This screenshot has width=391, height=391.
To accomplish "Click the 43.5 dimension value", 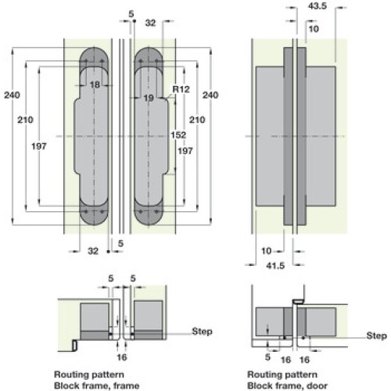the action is tap(317, 5).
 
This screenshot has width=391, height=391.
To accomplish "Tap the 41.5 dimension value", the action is tap(275, 266).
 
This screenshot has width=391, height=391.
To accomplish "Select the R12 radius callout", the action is tap(181, 89).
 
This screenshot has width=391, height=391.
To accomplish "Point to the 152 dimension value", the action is tap(178, 135).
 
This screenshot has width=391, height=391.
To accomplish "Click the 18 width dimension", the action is tap(95, 84).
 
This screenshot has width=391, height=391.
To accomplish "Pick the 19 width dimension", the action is tap(149, 99).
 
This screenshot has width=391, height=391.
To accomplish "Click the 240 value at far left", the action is tap(12, 95).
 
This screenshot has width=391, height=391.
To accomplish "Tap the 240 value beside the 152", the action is tap(210, 95).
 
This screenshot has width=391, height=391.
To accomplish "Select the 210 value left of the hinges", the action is tap(25, 120).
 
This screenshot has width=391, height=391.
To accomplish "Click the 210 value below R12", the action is tap(197, 120).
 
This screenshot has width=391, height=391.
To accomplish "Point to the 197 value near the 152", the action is tap(185, 151).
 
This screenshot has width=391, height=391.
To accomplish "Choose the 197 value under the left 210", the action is tap(39, 146).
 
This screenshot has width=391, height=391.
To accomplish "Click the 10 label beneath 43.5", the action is tap(314, 29).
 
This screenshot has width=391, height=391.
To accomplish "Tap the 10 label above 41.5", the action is tap(266, 251).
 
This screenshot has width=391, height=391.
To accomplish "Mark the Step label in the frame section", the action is tap(202, 332).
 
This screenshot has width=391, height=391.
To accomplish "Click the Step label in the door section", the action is tap(376, 335).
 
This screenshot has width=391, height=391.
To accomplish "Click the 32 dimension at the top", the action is tap(150, 23).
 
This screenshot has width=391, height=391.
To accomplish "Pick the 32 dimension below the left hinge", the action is tap(93, 251).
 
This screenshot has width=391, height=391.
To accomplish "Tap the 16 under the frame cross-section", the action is tap(122, 357).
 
